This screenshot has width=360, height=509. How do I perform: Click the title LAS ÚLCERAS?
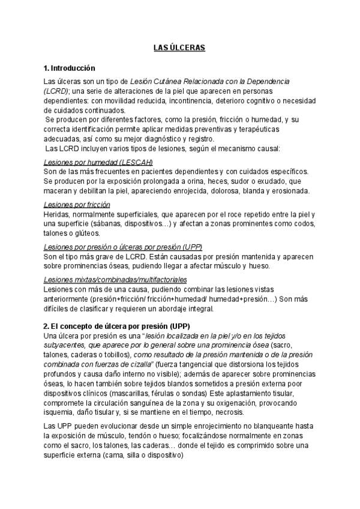click(x=179, y=48)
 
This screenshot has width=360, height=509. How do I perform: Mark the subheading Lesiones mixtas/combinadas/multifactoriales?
click(x=115, y=280)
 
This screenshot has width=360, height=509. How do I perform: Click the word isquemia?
click(x=58, y=413)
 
